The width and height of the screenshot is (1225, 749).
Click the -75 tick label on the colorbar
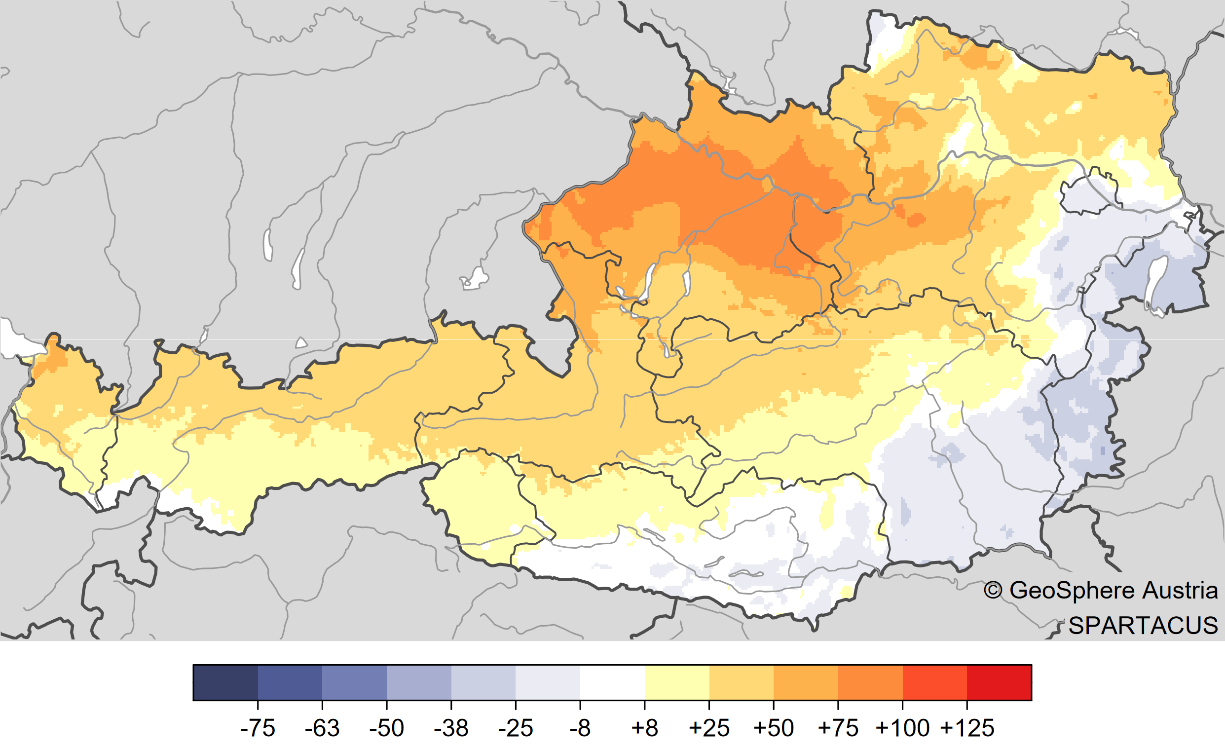(x=257, y=729)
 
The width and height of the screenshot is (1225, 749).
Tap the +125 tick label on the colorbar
(x=967, y=729)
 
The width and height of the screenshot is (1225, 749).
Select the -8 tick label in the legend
(x=580, y=729)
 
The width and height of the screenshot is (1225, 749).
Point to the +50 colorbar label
(x=773, y=729)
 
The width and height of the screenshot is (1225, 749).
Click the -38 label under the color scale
(x=451, y=729)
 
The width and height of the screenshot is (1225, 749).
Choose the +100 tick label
(x=902, y=729)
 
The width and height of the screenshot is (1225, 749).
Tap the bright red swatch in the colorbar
(x=999, y=682)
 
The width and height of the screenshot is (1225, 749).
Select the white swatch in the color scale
(x=612, y=682)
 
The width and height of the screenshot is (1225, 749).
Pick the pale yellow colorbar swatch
(x=676, y=682)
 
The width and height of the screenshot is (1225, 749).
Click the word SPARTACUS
(x=1143, y=626)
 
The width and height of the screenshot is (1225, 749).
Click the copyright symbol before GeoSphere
(x=993, y=591)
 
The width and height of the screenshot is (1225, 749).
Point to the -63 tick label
(x=322, y=729)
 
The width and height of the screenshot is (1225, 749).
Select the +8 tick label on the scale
(x=644, y=729)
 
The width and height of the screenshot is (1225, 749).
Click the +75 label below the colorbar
(x=838, y=729)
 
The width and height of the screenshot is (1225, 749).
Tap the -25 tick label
(x=516, y=729)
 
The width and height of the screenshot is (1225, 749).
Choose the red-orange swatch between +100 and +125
(x=934, y=682)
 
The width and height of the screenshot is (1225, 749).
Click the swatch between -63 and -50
(x=354, y=682)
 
